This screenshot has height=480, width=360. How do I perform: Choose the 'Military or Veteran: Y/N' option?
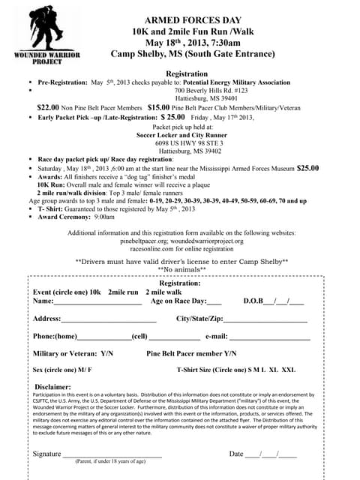click(x=73, y=353)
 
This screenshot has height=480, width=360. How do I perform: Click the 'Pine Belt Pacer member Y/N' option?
click(x=191, y=353)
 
